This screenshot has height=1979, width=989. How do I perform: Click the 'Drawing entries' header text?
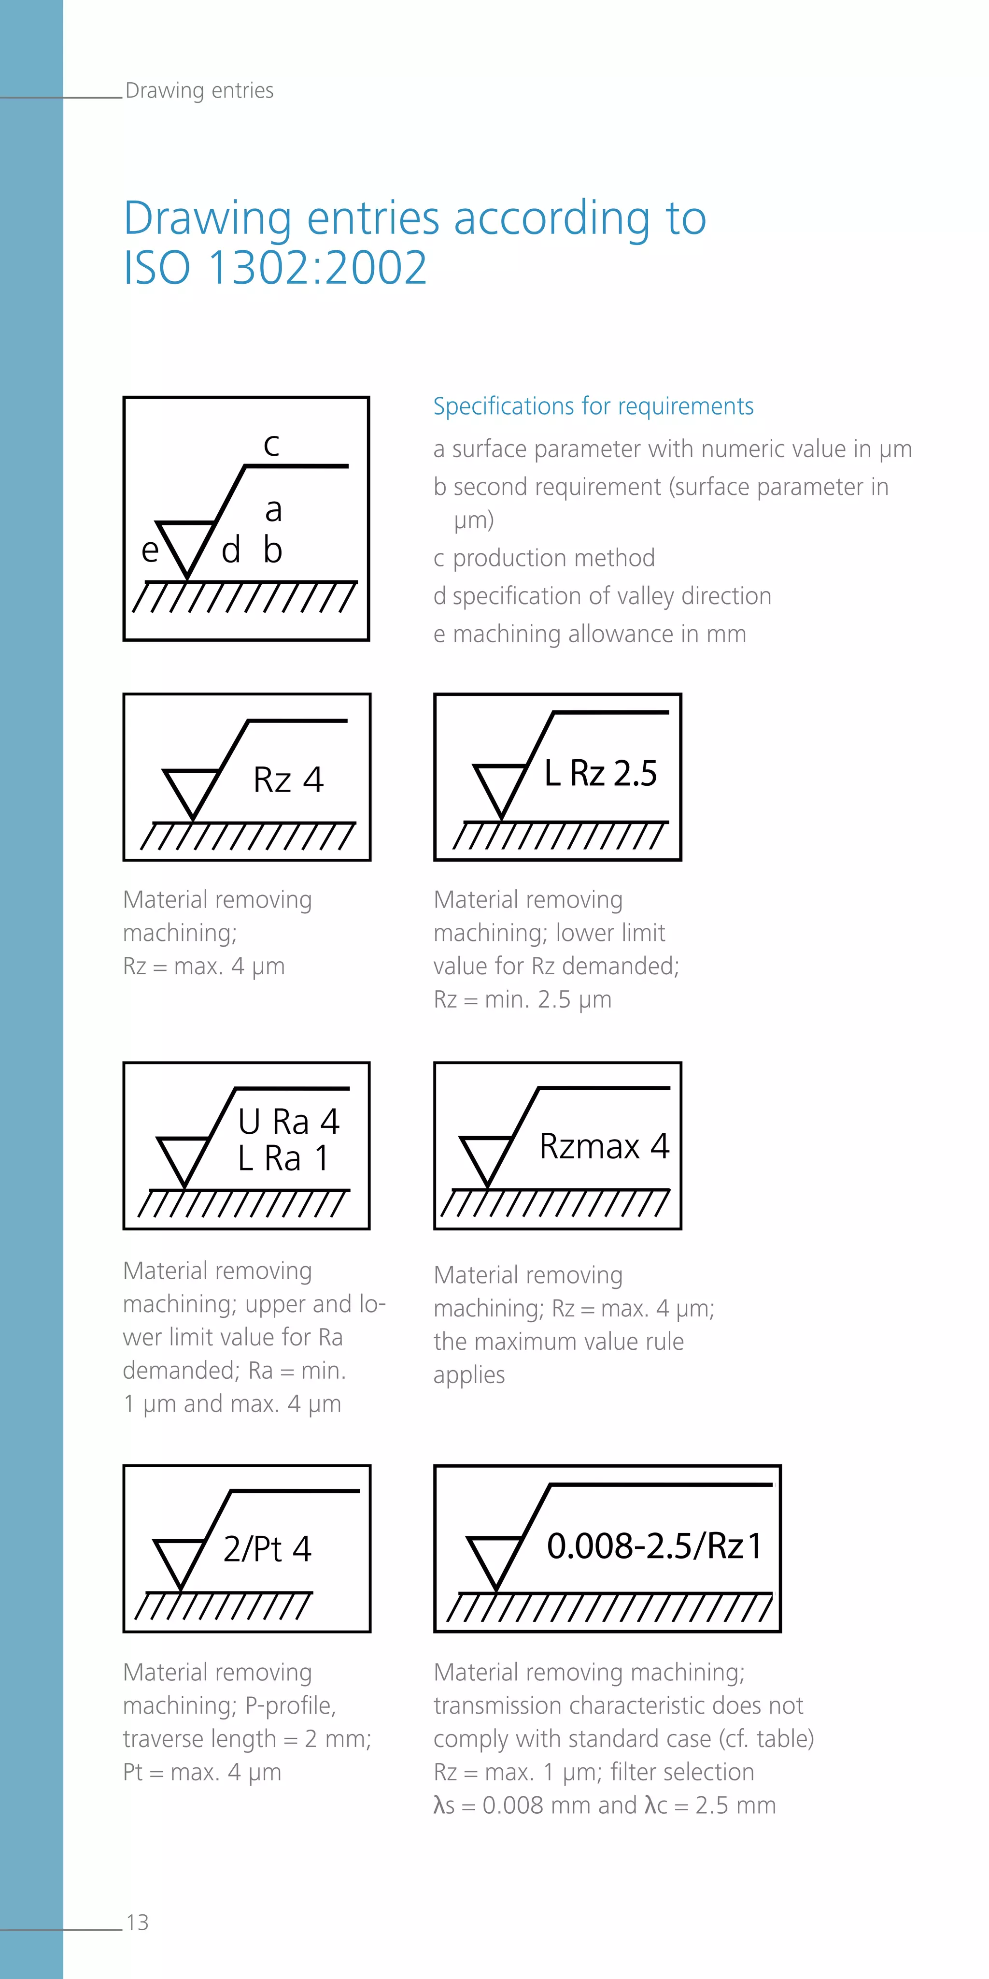click(199, 91)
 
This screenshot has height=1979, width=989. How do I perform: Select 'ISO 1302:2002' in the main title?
click(275, 267)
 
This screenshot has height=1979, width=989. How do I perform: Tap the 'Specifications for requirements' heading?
click(593, 405)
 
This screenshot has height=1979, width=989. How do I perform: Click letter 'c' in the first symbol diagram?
click(271, 445)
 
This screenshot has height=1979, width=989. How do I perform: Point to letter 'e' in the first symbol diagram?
click(150, 550)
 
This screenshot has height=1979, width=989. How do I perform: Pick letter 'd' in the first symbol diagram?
click(230, 550)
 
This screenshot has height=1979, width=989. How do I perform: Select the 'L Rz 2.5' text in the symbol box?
click(600, 773)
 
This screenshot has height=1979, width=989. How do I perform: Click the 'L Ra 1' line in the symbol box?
click(283, 1158)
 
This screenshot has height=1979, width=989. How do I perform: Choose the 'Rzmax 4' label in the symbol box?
click(604, 1146)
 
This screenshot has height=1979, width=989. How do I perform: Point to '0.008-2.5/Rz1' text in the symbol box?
click(654, 1546)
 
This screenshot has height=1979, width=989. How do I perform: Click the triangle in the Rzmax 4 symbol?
click(486, 1156)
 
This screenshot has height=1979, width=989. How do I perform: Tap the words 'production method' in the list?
click(553, 558)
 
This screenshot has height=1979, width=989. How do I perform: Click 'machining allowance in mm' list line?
click(599, 634)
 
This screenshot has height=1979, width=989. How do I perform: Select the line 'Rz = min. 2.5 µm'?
click(522, 999)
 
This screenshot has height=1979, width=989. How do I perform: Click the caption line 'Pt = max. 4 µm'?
click(202, 1772)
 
